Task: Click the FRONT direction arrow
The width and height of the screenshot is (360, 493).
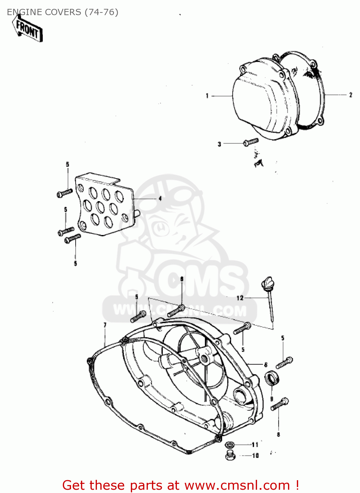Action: pos(28,29)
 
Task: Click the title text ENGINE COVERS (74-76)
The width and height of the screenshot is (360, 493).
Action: pos(62,12)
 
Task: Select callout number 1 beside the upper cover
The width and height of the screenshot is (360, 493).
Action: pos(207,96)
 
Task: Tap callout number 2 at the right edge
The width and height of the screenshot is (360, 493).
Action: pos(350,95)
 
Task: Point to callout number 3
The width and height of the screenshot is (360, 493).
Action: pos(219,144)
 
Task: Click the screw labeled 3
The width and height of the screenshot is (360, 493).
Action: pos(251,142)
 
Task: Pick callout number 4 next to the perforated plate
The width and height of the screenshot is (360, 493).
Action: pos(160,199)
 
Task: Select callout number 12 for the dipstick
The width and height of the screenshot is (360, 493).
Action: pos(240,298)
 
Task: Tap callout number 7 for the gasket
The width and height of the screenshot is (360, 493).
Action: pos(105,325)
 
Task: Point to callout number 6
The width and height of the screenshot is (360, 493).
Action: pos(266,364)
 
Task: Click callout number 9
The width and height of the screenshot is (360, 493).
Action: pos(272,399)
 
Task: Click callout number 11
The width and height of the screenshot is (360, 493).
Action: pos(255,445)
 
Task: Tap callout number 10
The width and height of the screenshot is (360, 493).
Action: pos(255,456)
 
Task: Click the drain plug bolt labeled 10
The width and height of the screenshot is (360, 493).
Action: pos(230,456)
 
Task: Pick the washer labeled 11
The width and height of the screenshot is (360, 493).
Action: pos(229,445)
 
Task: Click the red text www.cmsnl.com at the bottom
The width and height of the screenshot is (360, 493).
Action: pos(237,485)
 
